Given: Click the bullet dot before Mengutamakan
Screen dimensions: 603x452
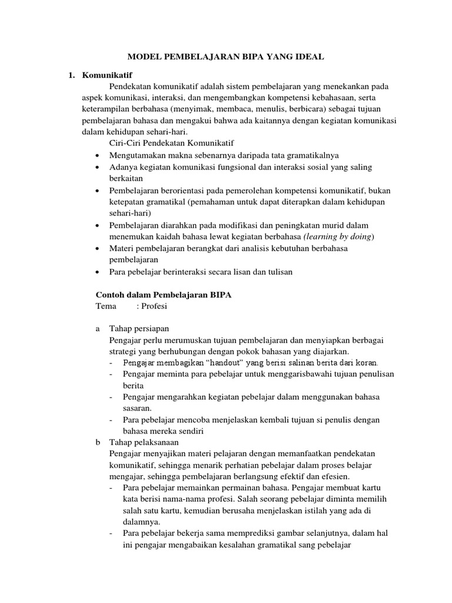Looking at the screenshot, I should (x=97, y=155).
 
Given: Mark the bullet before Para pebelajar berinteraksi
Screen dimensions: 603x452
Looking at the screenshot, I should (x=97, y=272).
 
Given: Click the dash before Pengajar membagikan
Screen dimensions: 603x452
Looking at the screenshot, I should (x=111, y=362).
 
